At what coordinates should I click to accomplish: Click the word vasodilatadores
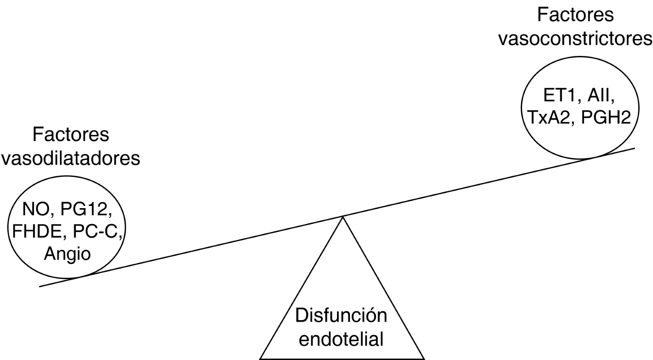(x=70, y=158)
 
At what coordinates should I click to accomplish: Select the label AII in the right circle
(x=601, y=95)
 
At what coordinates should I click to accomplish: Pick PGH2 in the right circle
(x=606, y=117)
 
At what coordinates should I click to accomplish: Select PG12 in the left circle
(x=86, y=209)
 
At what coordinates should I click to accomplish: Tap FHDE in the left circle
(x=36, y=232)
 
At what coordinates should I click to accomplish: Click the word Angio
(x=67, y=254)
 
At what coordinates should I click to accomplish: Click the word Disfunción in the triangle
(x=341, y=315)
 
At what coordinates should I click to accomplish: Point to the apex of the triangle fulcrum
(x=342, y=217)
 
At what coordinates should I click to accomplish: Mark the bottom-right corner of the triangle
(x=424, y=359)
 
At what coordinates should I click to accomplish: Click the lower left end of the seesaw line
(x=40, y=286)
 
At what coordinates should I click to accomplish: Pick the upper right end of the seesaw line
(x=634, y=148)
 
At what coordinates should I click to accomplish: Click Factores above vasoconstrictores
(x=575, y=15)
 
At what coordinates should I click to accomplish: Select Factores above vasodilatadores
(x=70, y=135)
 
